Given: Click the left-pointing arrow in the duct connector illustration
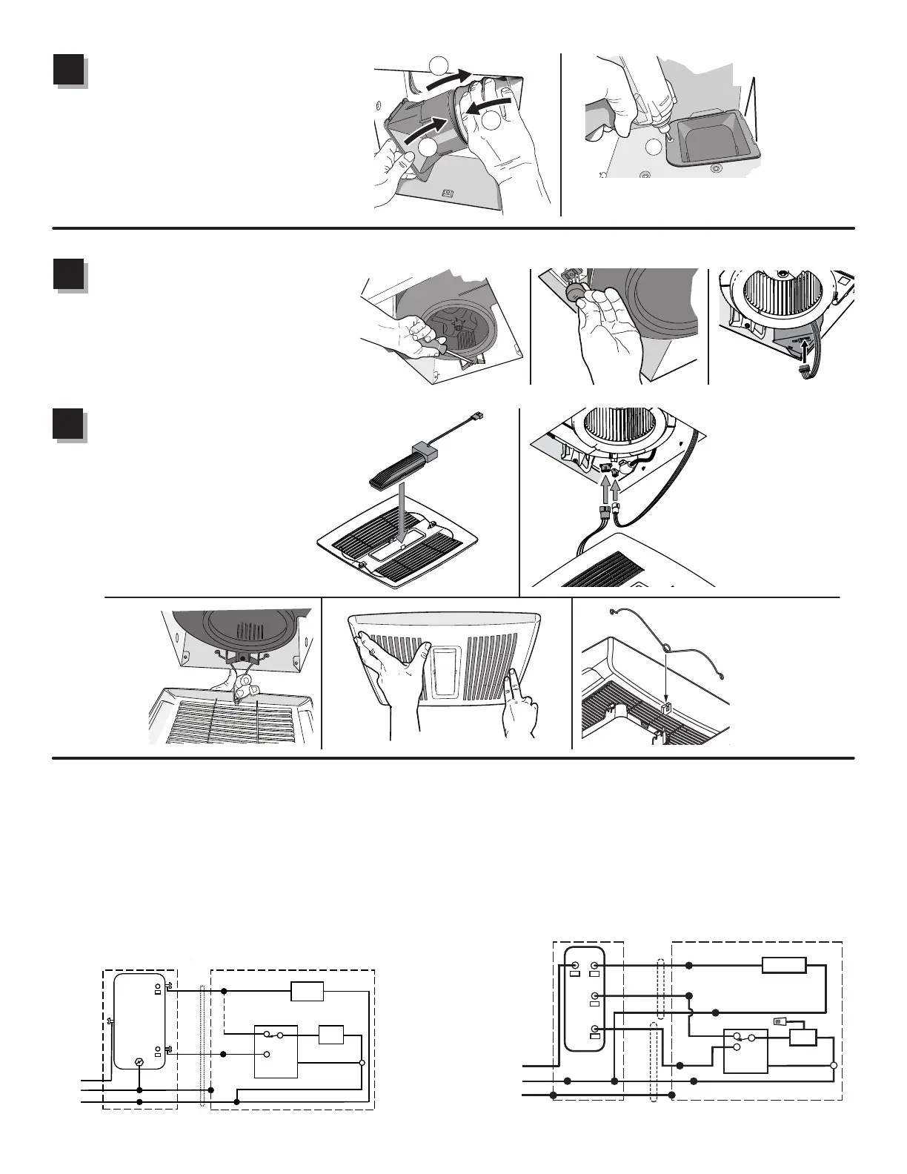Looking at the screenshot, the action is (x=489, y=105).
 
